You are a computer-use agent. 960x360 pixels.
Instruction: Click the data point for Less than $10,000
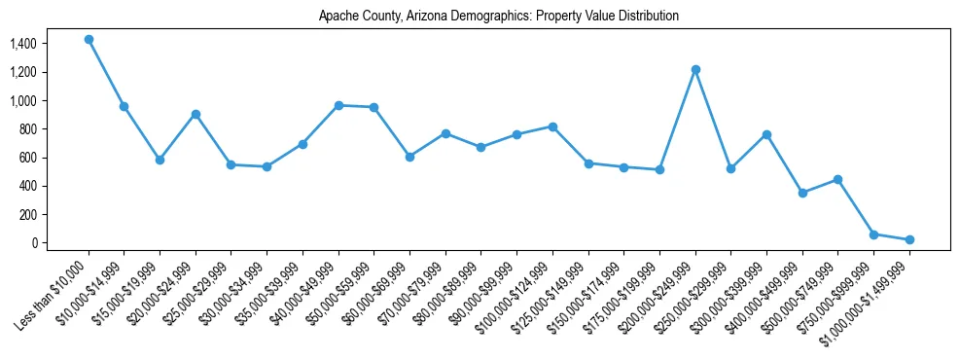[89, 40]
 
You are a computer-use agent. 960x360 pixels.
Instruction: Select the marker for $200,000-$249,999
[695, 70]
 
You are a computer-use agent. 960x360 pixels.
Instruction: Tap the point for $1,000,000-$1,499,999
[909, 239]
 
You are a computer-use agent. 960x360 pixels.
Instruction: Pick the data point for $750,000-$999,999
[873, 234]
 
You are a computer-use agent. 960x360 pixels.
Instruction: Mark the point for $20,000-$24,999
[196, 114]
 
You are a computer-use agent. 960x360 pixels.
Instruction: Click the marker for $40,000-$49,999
[338, 105]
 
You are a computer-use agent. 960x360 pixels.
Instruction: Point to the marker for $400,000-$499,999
[802, 193]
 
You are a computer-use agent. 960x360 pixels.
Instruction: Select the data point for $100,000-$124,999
[552, 126]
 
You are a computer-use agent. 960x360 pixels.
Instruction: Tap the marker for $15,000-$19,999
[160, 160]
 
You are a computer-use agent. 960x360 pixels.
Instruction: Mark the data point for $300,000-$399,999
[766, 134]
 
